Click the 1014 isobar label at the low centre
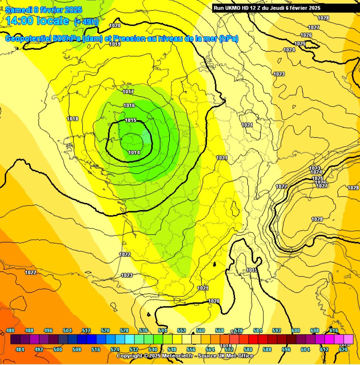coord(134,153)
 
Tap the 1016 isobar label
coord(129,106)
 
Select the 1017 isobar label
coord(128,92)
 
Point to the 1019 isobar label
coord(115,44)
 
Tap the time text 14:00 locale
coord(37,21)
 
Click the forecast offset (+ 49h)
coord(86,22)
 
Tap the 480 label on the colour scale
coord(11,330)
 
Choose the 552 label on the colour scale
coord(182,330)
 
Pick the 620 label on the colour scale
coord(343,349)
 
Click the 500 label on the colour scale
coord(58,349)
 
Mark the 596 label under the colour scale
coord(286,349)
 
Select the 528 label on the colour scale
coord(125,330)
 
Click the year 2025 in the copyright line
coord(151,356)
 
